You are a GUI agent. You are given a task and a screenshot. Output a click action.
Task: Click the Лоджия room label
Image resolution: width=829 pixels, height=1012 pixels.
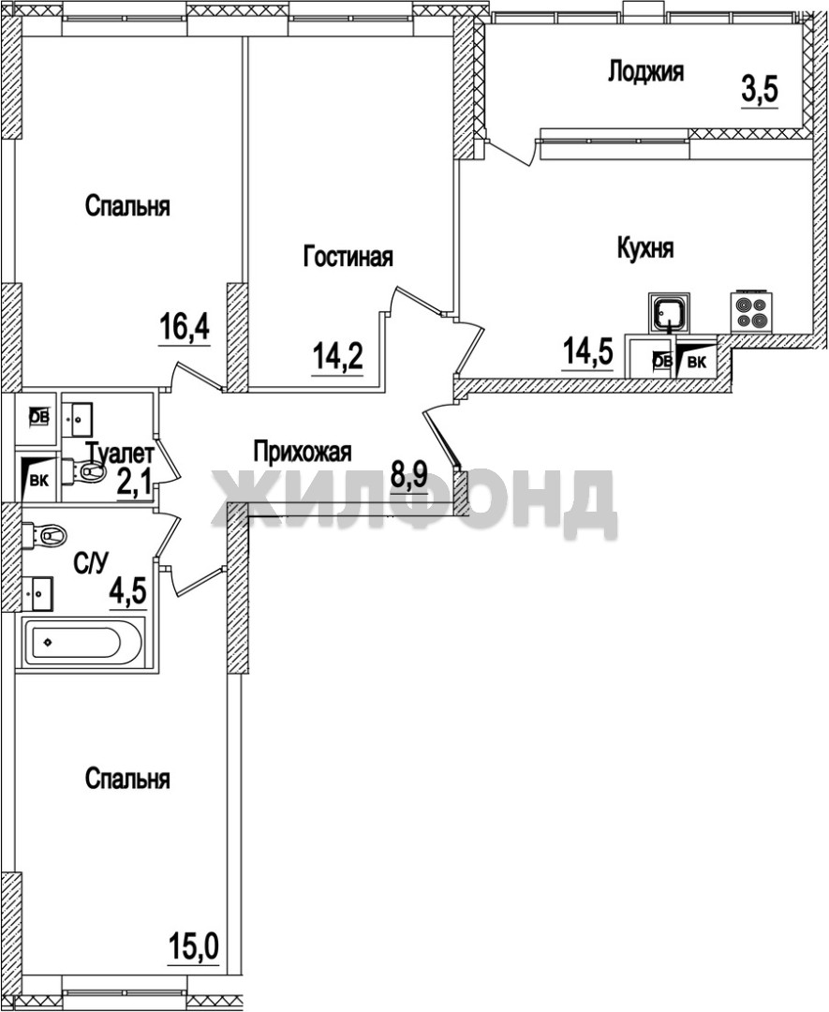click(645, 71)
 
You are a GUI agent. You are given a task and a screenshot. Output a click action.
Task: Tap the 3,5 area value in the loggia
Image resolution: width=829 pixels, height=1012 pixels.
click(760, 90)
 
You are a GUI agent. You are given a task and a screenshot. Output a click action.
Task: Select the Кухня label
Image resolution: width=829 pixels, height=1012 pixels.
click(645, 248)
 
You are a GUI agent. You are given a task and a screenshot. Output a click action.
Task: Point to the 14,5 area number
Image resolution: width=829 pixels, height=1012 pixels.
click(587, 352)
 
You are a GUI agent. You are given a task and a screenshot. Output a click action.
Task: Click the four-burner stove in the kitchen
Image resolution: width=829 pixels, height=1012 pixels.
click(751, 312)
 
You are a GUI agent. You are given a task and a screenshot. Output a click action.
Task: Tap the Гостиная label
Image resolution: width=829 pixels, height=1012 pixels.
click(348, 256)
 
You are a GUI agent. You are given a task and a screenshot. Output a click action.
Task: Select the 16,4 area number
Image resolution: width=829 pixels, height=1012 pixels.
click(185, 329)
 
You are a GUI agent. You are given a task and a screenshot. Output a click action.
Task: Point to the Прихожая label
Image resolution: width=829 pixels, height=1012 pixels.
click(303, 451)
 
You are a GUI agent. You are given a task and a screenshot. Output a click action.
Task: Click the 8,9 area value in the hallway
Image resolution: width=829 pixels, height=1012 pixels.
click(409, 476)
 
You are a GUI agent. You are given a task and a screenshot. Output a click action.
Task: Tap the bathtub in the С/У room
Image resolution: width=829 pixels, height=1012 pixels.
click(82, 644)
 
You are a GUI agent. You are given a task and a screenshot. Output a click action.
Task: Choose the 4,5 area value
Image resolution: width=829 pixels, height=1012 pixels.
click(127, 590)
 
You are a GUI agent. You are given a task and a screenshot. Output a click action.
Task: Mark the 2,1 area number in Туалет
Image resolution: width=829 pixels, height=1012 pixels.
click(134, 481)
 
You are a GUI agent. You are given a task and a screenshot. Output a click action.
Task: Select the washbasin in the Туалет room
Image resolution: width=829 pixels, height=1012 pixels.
click(78, 418)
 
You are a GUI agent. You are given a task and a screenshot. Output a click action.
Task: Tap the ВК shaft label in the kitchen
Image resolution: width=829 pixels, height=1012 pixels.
click(696, 362)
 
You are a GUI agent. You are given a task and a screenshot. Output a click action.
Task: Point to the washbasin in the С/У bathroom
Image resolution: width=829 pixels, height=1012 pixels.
click(38, 592)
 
